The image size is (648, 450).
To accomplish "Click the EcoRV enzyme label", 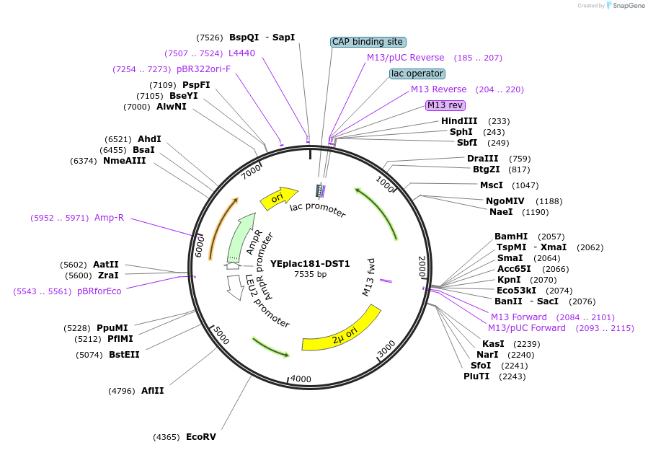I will [x=200, y=437].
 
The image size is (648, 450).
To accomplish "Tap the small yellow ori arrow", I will [x=278, y=198].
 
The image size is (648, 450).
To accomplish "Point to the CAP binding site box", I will [x=368, y=42].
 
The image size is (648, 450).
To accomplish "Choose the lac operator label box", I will [x=417, y=74].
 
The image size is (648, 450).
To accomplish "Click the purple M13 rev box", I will [x=445, y=105].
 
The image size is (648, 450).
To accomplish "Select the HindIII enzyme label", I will [x=459, y=121].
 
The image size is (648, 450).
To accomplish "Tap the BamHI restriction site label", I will [x=511, y=237].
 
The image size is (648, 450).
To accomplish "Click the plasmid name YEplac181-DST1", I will [x=310, y=264].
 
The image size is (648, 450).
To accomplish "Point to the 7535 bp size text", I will [x=310, y=274].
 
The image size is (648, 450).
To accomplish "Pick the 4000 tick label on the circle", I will [x=301, y=379].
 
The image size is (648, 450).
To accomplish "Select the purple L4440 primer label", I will [x=241, y=53].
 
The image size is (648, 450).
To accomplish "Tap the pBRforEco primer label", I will [x=99, y=291].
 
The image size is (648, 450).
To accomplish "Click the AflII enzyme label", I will [x=152, y=391].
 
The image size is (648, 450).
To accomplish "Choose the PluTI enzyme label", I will [x=476, y=376].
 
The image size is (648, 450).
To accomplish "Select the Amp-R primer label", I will [x=109, y=218].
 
